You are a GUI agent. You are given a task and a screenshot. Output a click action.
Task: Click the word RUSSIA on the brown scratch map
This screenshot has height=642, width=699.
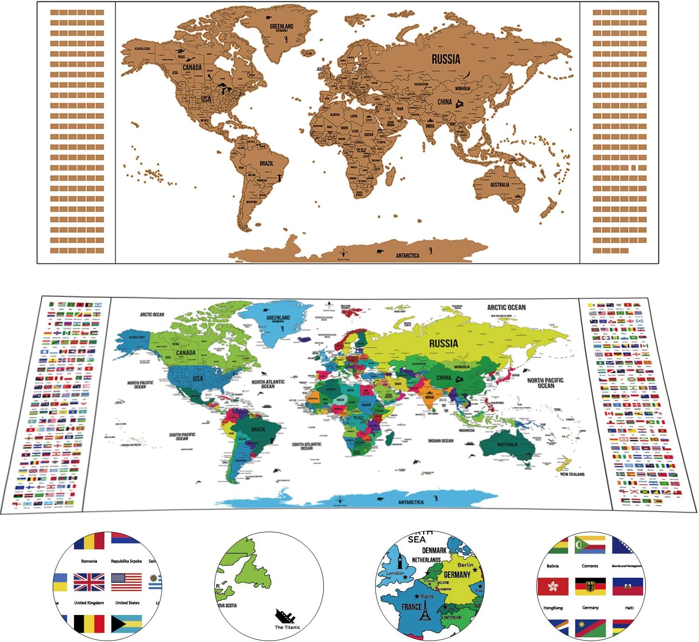coord(445,59)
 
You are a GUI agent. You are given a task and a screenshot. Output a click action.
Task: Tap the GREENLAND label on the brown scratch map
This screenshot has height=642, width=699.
coord(281,27)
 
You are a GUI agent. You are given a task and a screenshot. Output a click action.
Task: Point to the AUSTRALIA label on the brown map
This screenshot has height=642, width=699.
coord(500,185)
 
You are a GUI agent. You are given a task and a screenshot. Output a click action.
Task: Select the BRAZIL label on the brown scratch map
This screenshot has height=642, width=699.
coord(267,163)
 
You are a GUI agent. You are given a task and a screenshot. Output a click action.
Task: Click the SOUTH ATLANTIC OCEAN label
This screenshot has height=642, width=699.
coord(307,446)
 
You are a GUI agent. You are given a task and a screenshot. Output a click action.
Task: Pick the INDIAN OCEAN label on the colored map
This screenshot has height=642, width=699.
coord(440,440)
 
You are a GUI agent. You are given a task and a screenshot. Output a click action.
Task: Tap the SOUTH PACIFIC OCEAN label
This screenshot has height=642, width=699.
coord(182,437)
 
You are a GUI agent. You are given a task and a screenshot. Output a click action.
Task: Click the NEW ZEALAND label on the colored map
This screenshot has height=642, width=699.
coord(572,474)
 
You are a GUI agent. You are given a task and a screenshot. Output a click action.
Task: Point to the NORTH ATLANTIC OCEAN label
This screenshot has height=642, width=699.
coord(268,384)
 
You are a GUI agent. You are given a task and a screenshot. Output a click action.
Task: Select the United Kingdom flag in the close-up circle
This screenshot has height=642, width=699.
coord(89,582)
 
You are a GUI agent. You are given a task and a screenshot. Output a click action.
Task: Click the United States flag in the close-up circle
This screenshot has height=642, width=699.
coord(126,582)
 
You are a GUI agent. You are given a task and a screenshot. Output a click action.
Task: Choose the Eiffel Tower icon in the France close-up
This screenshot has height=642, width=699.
coord(425,611)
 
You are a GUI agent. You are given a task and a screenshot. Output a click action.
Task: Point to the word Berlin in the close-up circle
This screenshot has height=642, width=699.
coord(465,565)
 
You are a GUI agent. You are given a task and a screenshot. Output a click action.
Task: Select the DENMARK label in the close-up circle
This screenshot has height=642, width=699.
coord(434,550)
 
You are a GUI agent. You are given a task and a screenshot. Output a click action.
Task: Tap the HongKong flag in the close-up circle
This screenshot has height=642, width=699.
coord(553,587)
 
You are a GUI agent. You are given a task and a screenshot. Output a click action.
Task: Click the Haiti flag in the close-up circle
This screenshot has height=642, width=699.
coord(628,587)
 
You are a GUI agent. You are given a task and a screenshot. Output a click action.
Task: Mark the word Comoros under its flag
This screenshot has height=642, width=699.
coord(590,566)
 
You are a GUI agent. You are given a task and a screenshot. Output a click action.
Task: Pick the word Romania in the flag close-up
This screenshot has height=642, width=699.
coord(89,561)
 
